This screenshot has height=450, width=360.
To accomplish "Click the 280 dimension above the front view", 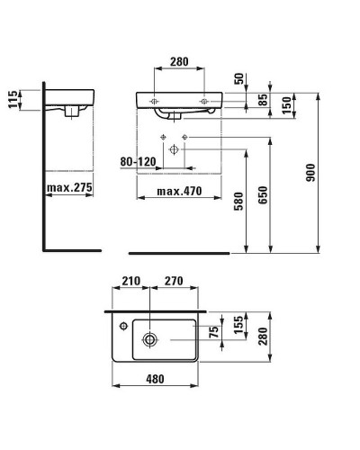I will pyautogui.click(x=180, y=62).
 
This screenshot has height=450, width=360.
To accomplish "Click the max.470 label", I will pyautogui.click(x=177, y=191).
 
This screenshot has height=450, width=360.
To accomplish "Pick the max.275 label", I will pyautogui.click(x=70, y=188).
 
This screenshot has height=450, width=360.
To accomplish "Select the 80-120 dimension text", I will pyautogui.click(x=137, y=162).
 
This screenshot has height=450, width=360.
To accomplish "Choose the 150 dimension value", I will pyautogui.click(x=285, y=104).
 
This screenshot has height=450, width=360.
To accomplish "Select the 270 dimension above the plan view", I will pyautogui.click(x=175, y=281).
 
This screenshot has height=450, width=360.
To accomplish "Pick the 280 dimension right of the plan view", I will pyautogui.click(x=264, y=336).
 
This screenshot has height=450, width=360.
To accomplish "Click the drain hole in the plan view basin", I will pyautogui.click(x=150, y=339).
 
